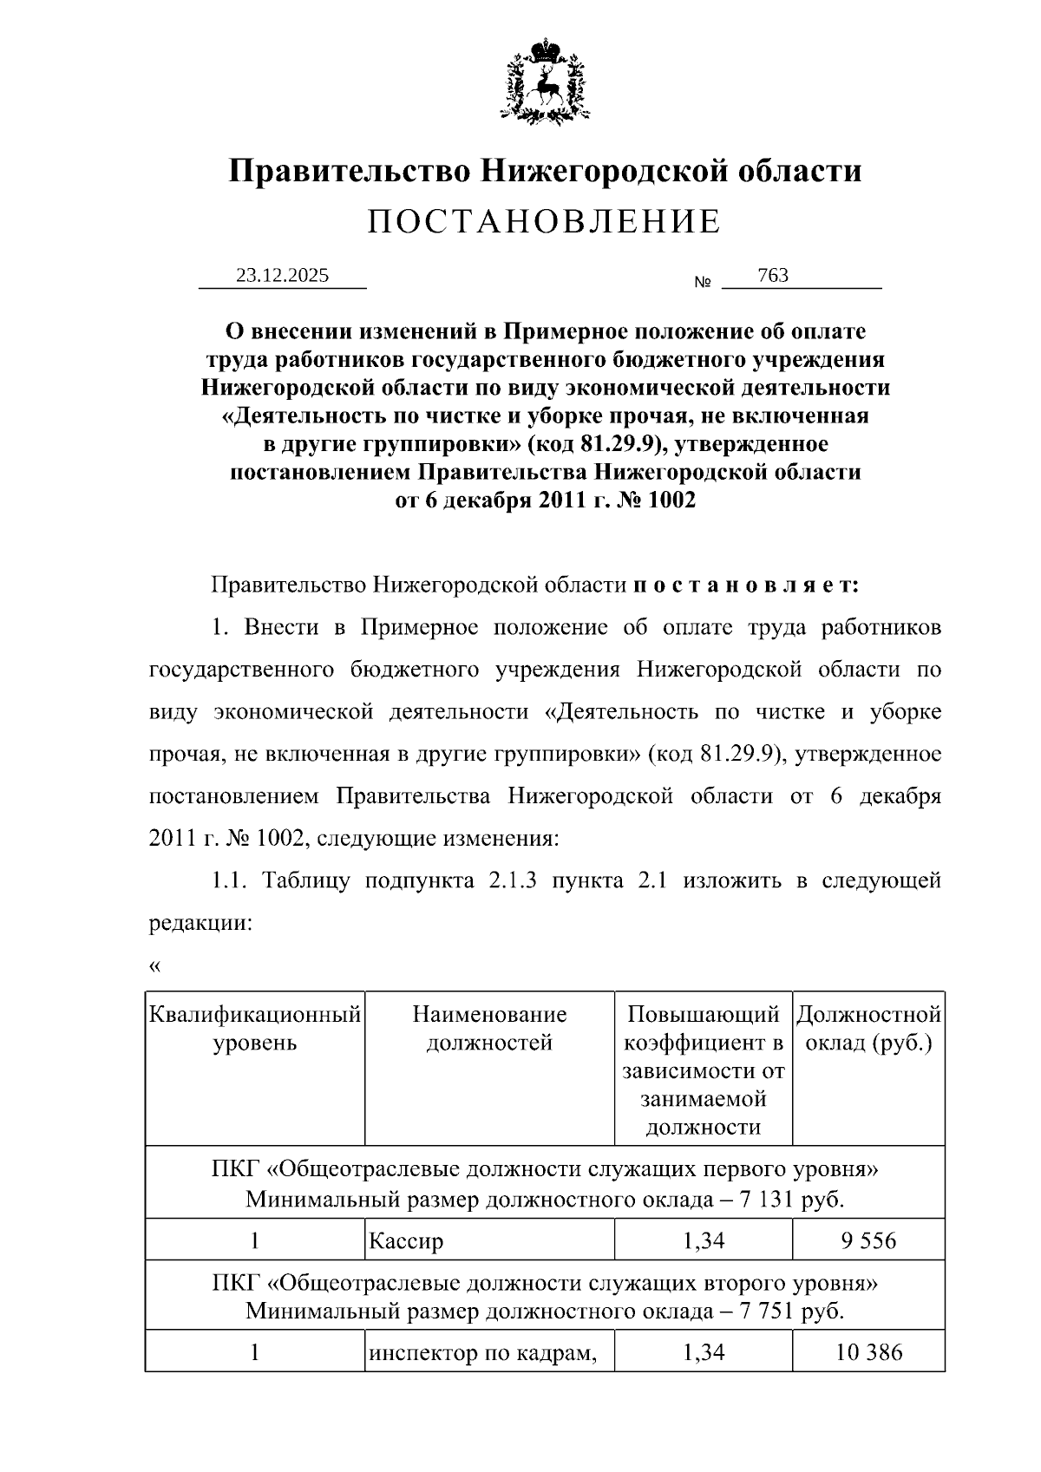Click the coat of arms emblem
[545, 80]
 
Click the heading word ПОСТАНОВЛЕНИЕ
[544, 222]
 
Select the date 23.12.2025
[283, 276]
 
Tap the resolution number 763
[772, 276]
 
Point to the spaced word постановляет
[746, 585]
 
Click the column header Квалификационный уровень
[255, 1028]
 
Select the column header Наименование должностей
[489, 1028]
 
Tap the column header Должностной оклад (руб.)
[868, 1028]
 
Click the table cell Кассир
[407, 1241]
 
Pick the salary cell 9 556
[867, 1241]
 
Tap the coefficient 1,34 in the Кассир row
[704, 1241]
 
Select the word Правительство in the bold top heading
[349, 171]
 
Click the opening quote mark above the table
[155, 966]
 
